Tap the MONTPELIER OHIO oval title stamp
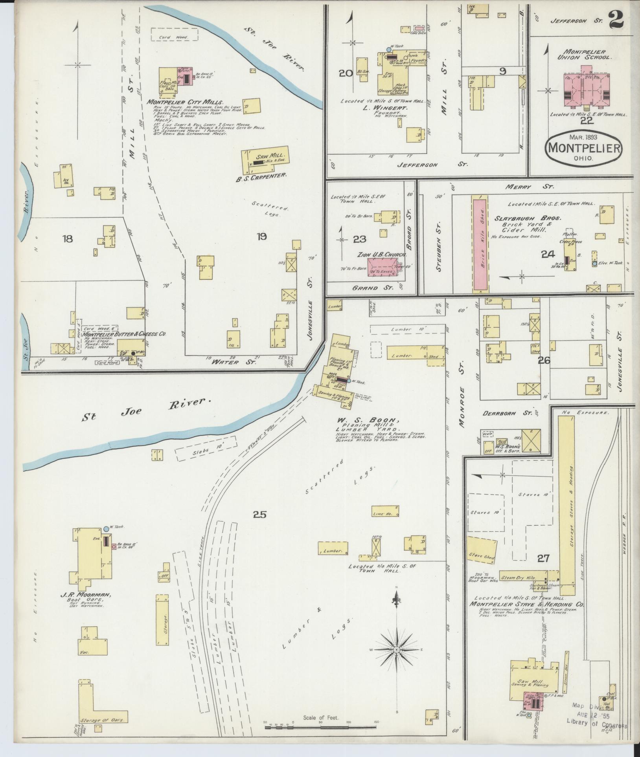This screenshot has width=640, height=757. point(583,149)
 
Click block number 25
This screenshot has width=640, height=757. point(260,514)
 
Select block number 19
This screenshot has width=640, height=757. point(261,236)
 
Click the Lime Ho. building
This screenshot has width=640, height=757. point(385,511)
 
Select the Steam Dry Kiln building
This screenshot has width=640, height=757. point(523,576)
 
